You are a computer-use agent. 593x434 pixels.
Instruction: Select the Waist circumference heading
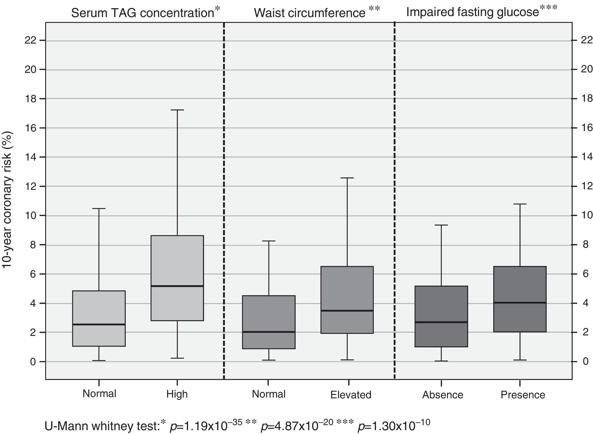tap(310, 13)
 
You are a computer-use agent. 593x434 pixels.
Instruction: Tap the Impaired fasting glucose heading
tap(473, 12)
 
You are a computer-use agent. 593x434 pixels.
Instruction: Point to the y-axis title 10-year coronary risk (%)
tap(7, 200)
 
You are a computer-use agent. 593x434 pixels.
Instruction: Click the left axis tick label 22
tap(30, 41)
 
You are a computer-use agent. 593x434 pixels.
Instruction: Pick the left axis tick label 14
tap(30, 157)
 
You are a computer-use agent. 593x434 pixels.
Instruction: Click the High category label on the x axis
tap(177, 394)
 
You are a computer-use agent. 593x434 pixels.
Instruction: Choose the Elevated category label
tap(351, 395)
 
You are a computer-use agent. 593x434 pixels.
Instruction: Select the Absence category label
tap(443, 395)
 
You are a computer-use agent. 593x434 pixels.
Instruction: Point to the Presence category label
tap(523, 395)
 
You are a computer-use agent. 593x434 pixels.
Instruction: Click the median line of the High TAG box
tap(177, 286)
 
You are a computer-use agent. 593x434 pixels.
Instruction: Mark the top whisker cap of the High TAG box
tap(177, 110)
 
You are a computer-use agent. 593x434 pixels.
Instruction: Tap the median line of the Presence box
tap(520, 303)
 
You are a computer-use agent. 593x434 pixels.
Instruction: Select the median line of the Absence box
tap(441, 322)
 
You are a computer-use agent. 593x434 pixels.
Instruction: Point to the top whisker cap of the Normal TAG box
tap(99, 209)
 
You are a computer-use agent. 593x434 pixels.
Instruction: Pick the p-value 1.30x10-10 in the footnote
tap(394, 426)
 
